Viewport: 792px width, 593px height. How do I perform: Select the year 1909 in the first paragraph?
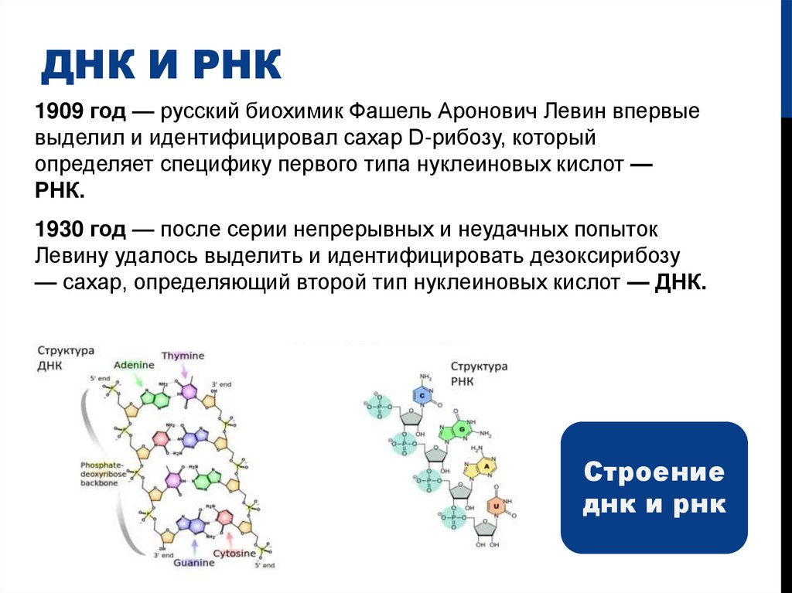pos(56,113)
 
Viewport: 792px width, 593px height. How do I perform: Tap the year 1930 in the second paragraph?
pos(56,230)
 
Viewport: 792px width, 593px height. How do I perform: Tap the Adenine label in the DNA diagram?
pos(135,364)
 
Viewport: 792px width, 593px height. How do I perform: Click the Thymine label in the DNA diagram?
pos(183,356)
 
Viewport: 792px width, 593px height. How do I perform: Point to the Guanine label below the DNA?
pos(194,563)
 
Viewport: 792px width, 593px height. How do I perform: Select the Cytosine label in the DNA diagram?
pos(235,554)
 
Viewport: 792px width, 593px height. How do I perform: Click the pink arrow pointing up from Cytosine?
pos(229,537)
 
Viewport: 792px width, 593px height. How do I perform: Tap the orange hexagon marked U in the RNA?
pos(495,506)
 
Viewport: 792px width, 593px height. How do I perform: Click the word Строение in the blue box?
pos(654,472)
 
